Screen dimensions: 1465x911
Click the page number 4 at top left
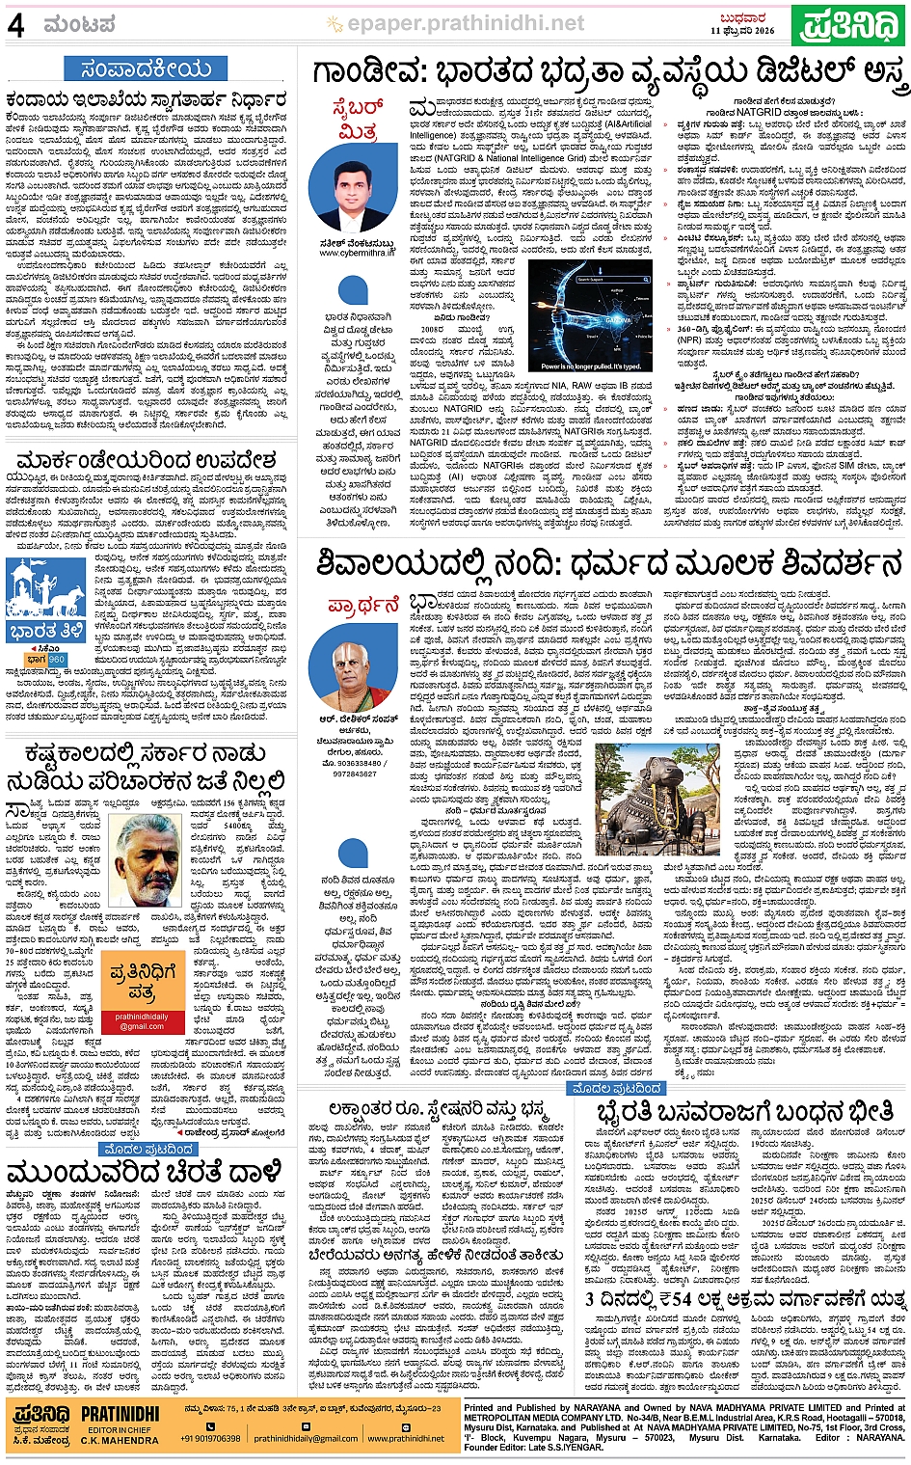(x=15, y=26)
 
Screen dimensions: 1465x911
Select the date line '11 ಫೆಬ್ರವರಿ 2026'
(x=742, y=31)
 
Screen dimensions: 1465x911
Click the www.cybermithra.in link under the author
(x=358, y=254)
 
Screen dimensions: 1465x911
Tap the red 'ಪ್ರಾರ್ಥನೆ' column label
(x=363, y=606)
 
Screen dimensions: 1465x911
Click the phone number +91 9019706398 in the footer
(x=209, y=1438)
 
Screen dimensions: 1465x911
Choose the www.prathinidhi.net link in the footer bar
(x=406, y=1438)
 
